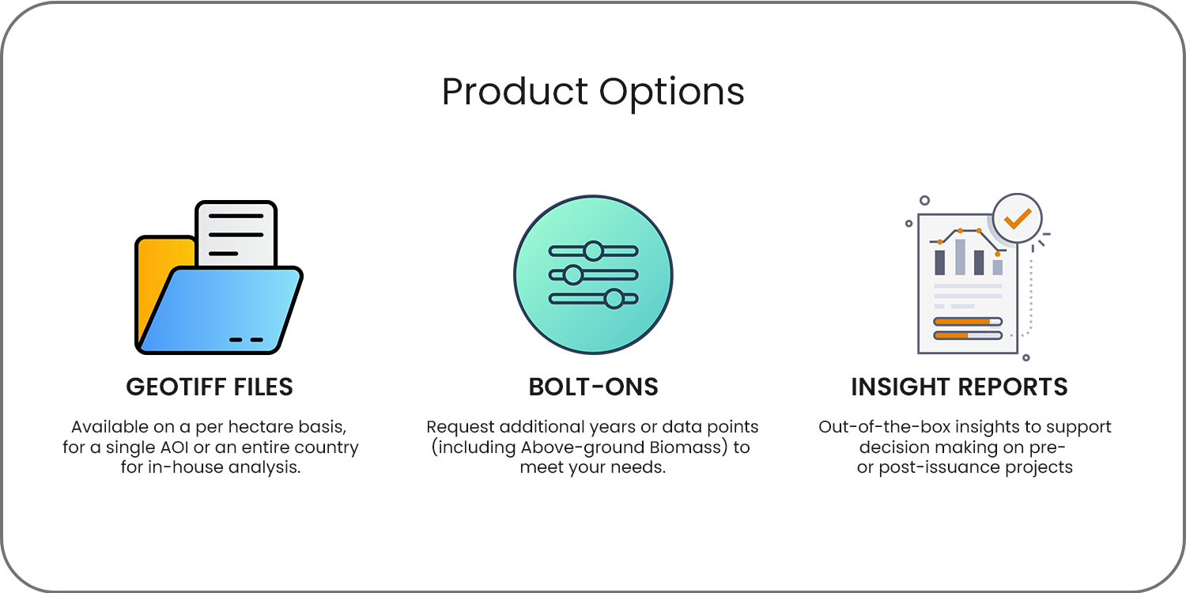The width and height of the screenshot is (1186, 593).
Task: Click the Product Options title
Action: tap(593, 93)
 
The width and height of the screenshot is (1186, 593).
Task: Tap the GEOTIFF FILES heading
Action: tap(210, 387)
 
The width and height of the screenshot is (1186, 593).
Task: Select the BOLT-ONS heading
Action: tap(593, 387)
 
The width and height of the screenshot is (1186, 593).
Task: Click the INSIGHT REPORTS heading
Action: tap(959, 387)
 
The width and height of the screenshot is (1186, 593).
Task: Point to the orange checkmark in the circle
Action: tap(1017, 218)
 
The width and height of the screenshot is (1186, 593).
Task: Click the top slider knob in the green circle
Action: tap(594, 251)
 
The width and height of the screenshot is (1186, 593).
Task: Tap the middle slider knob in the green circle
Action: tap(573, 275)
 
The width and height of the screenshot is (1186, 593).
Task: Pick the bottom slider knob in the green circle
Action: tap(614, 299)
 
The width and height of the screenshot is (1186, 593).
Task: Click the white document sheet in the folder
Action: tap(236, 233)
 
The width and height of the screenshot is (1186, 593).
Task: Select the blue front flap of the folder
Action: tap(220, 310)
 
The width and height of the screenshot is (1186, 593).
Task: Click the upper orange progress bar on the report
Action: tap(967, 321)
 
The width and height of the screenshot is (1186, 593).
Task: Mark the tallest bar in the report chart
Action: tap(960, 257)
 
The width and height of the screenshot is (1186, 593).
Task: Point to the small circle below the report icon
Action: tap(1026, 358)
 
